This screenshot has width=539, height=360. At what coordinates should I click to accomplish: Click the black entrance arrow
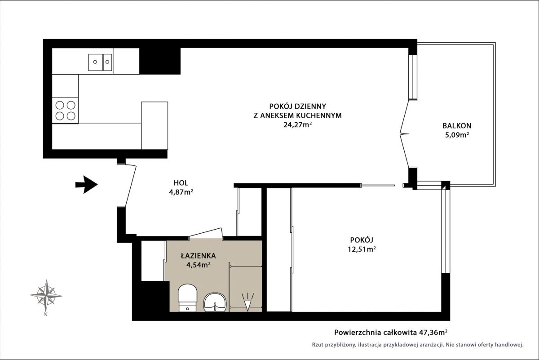click(87, 184)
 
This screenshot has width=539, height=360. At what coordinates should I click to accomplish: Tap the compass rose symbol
click(46, 296)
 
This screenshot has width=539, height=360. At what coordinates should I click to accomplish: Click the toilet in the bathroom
click(187, 298)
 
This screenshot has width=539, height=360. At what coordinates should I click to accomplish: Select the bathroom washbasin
click(215, 302)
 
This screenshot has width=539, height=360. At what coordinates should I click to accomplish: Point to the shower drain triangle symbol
click(247, 305)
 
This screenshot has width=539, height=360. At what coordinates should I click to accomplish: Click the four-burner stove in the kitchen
click(65, 111)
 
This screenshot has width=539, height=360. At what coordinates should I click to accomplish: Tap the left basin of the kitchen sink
click(95, 62)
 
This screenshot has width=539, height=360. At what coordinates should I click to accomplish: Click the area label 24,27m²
click(298, 125)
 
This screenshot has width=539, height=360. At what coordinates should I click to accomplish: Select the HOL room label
click(181, 183)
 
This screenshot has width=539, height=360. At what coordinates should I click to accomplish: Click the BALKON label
click(457, 125)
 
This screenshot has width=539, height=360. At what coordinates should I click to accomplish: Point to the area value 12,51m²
click(362, 249)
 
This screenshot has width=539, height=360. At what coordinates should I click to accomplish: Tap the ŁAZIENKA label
click(198, 255)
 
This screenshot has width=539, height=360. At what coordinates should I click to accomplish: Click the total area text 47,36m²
click(433, 332)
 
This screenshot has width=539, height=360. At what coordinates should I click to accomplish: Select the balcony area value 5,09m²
click(457, 135)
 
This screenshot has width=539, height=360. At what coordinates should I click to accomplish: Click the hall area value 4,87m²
click(181, 192)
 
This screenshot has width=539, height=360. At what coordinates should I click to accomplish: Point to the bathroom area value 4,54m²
click(199, 265)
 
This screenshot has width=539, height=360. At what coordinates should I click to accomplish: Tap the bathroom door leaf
click(205, 232)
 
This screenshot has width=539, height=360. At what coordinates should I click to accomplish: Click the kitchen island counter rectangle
click(155, 125)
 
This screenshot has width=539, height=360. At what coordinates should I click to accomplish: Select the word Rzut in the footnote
click(318, 345)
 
